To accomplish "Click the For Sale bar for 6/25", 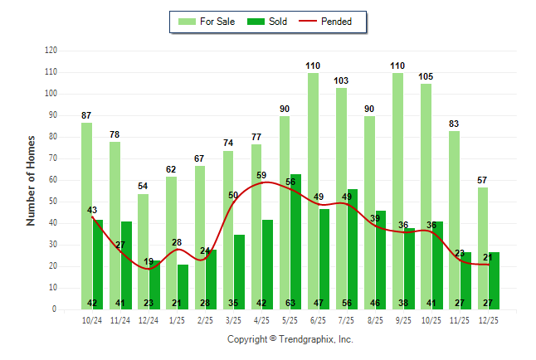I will coord(313,191).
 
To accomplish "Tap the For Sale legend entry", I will coord(207,22).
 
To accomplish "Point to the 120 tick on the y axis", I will coord(51,51).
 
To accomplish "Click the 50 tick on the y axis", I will coord(53,202).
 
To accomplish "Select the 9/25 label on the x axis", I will coord(403,320).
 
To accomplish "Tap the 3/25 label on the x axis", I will coord(233,320).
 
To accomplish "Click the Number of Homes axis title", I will coord(31,180).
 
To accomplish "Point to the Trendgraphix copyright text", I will coord(290,339).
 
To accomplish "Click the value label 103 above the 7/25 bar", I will coord(341,80).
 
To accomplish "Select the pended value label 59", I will coord(261,175).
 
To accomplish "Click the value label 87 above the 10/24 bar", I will coord(86,114).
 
